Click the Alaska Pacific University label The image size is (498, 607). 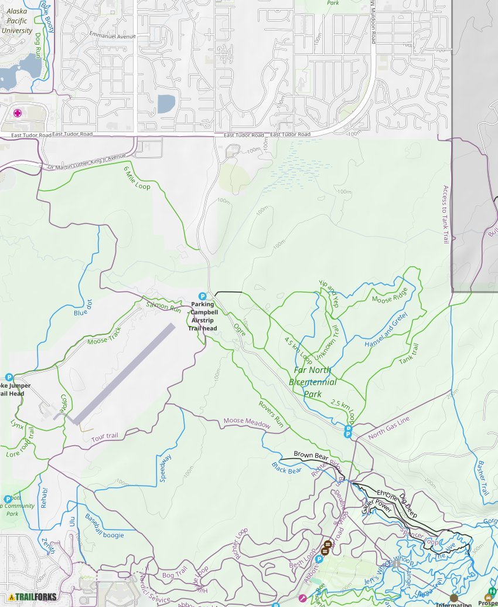coord(16,21)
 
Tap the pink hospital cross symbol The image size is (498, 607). coord(18,113)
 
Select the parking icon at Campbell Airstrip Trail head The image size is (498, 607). coord(203,296)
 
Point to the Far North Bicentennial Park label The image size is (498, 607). coord(313,381)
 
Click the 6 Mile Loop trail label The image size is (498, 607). coord(137,178)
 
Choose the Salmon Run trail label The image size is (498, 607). coord(163,306)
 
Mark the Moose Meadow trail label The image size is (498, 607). coord(246,422)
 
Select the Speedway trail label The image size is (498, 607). coord(166,468)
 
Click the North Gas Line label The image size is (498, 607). coord(388,428)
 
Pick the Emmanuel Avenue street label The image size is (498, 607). coord(112,36)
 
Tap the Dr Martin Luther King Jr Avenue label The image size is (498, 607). coord(87,162)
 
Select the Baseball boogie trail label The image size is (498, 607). coord(104,526)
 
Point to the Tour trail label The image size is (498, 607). coord(104,436)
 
